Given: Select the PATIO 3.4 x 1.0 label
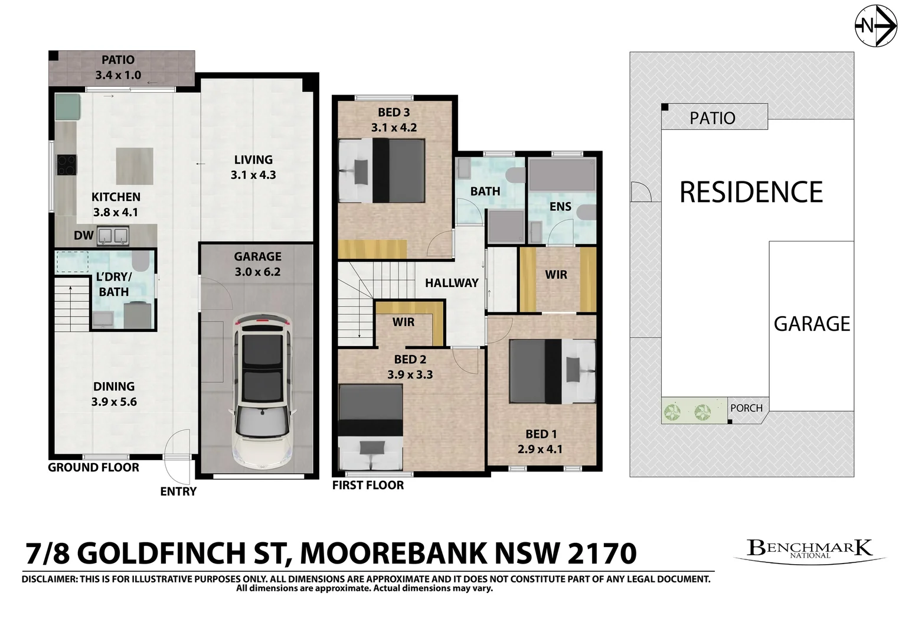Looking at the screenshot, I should tap(118, 67).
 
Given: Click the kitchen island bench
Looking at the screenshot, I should tap(134, 166).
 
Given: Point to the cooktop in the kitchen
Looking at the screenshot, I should tap(66, 164).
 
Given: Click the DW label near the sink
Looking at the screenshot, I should tap(84, 235).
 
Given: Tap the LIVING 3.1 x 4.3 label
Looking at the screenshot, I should tap(253, 167).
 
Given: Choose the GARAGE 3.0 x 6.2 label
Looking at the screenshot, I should tap(257, 264).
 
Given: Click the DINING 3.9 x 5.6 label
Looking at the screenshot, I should tap(113, 394).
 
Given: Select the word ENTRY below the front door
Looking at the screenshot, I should tap(178, 491).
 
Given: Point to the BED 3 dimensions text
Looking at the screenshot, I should tap(394, 127).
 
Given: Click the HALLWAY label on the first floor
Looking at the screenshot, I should tap(452, 283).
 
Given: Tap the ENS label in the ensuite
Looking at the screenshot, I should tap(560, 206).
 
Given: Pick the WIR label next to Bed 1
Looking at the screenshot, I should tap(556, 275).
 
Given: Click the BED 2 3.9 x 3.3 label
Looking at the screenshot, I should tap(410, 367).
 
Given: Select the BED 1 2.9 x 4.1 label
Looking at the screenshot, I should tap(540, 441).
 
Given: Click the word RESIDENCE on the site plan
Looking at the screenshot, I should tap(751, 193).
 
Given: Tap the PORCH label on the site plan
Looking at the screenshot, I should tap(746, 408).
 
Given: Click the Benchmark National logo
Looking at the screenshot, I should tap(809, 549).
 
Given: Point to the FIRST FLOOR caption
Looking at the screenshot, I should tap(368, 486).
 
